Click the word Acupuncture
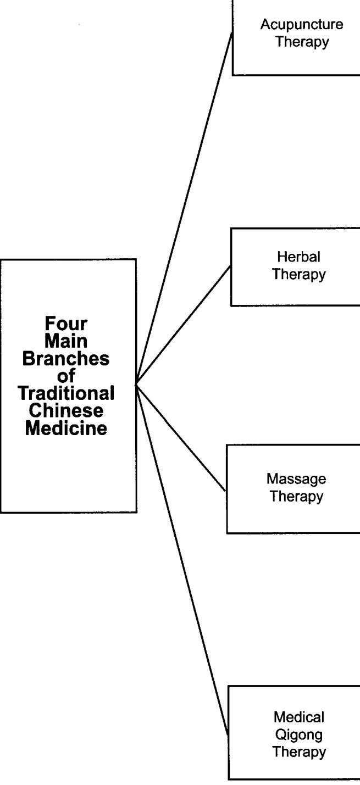pyautogui.click(x=302, y=25)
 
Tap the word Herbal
pyautogui.click(x=298, y=257)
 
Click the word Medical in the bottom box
pyautogui.click(x=299, y=717)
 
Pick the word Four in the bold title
pyautogui.click(x=66, y=323)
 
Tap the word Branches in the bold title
pyautogui.click(x=66, y=359)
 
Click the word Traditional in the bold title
pyautogui.click(x=66, y=393)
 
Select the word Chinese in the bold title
pyautogui.click(x=66, y=411)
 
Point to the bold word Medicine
pyautogui.click(x=66, y=428)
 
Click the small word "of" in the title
pyautogui.click(x=66, y=376)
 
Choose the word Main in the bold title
pyautogui.click(x=66, y=341)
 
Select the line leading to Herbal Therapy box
pyautogui.click(x=184, y=326)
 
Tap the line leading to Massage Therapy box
pyautogui.click(x=181, y=438)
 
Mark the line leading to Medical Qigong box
pyautogui.click(x=182, y=561)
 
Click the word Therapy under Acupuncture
pyautogui.click(x=302, y=42)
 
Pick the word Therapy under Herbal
pyautogui.click(x=298, y=275)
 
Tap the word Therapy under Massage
pyautogui.click(x=296, y=497)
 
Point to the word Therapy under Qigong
pyautogui.click(x=299, y=751)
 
